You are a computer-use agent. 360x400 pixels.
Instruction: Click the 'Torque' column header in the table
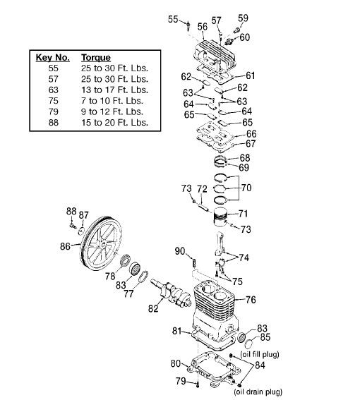coord(96,57)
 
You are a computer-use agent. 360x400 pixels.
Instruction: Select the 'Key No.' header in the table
coord(53,57)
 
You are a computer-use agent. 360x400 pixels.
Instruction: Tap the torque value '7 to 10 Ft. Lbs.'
coord(112,101)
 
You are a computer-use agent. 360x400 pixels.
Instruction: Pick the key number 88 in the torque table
coord(54,123)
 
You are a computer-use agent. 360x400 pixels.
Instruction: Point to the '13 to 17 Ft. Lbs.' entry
coord(114,90)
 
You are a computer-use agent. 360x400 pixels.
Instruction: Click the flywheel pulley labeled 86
coord(101,243)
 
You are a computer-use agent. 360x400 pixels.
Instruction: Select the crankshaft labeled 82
coord(172,293)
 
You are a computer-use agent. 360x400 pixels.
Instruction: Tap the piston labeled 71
coord(220,217)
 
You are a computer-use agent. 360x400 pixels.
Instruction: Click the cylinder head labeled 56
coord(214,54)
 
